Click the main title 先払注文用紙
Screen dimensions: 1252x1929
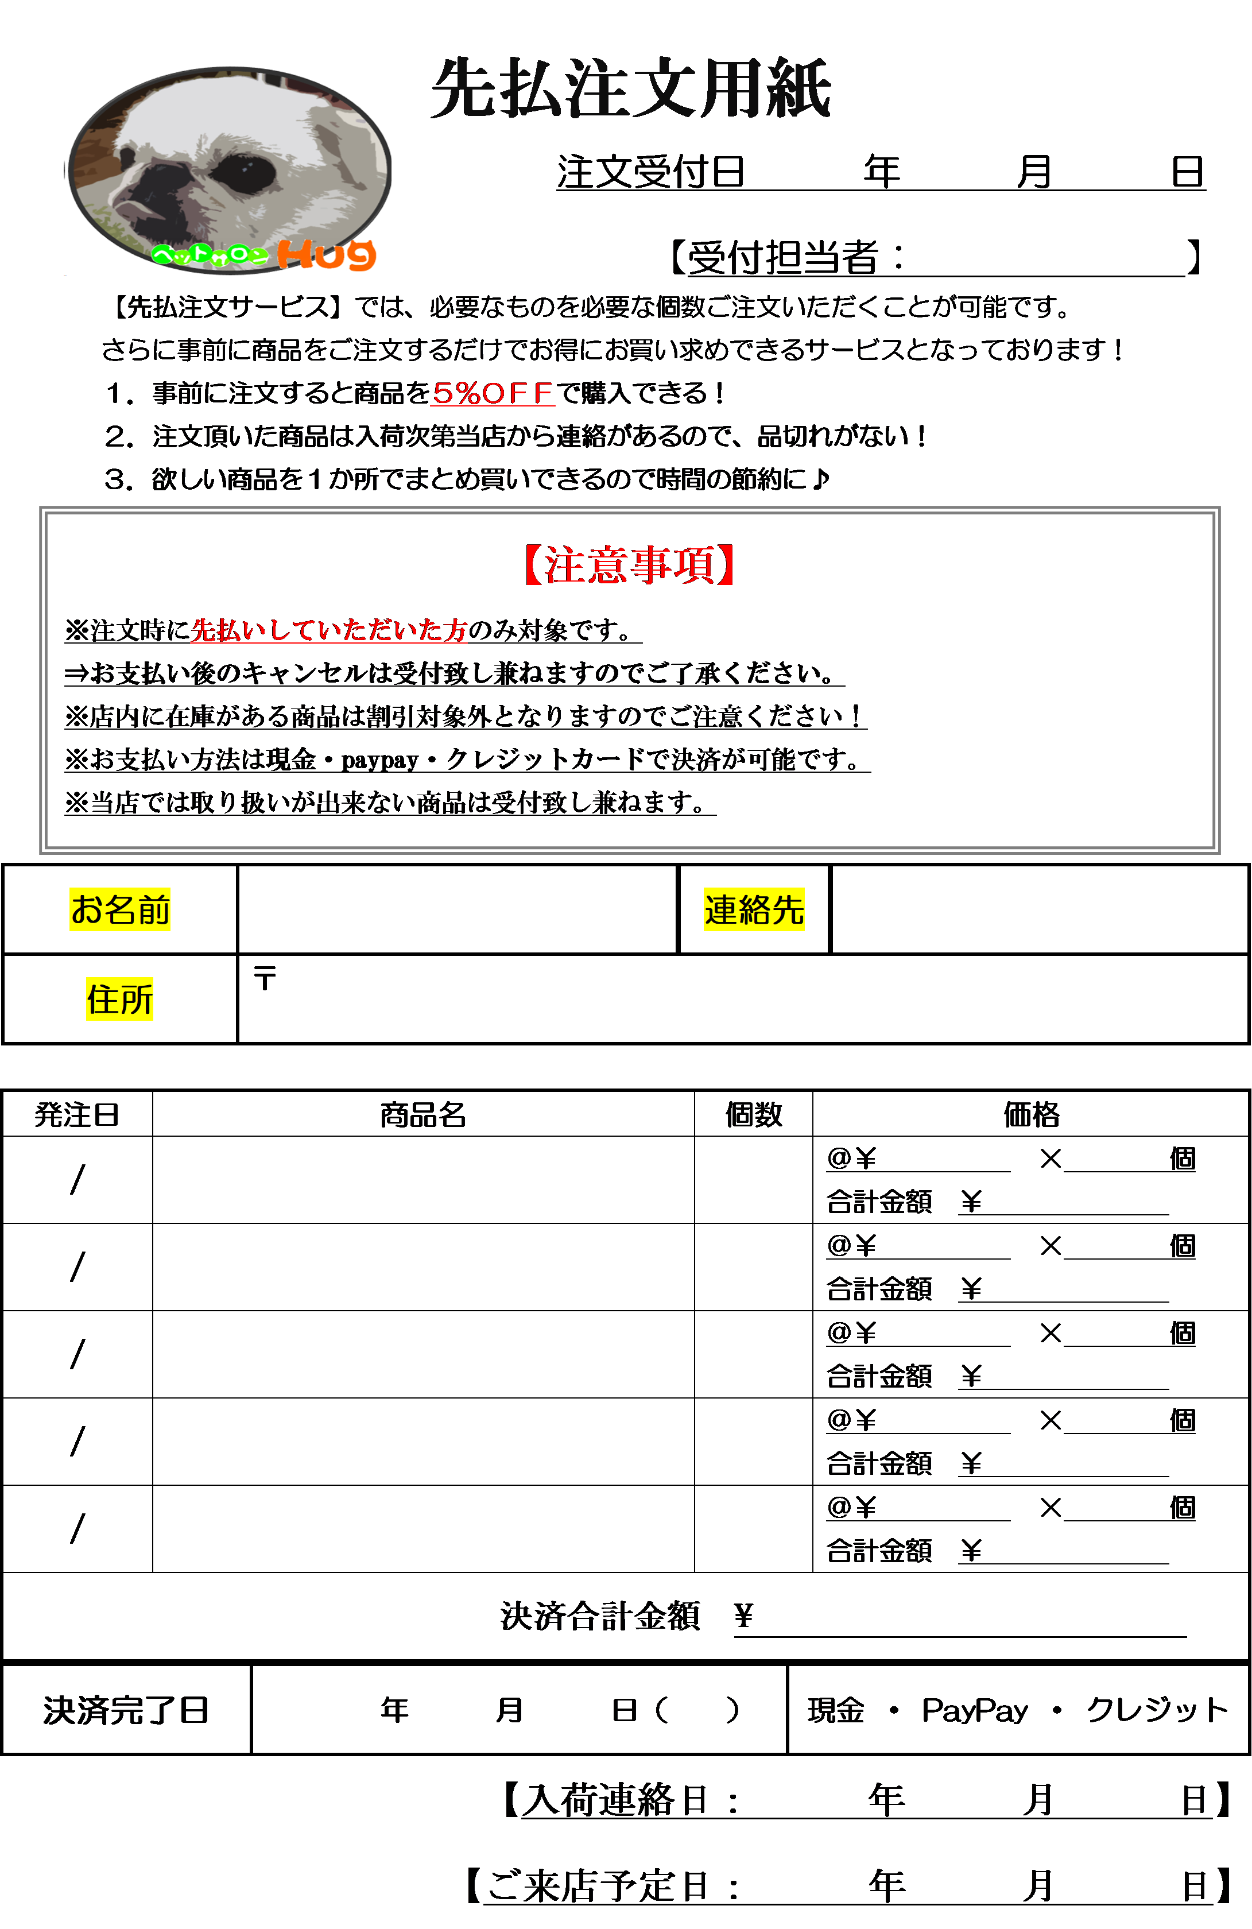[630, 88]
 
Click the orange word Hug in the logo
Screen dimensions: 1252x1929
[327, 254]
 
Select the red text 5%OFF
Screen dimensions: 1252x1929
[493, 393]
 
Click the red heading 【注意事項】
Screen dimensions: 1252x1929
[630, 564]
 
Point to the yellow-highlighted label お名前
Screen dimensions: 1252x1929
[120, 909]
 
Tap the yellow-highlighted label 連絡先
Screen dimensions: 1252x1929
[754, 909]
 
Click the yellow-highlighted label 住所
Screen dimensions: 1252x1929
[120, 998]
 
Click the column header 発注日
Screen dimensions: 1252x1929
[77, 1115]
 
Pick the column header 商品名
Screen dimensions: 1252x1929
[423, 1115]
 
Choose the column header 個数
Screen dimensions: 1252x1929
[754, 1115]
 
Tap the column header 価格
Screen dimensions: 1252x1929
[1032, 1115]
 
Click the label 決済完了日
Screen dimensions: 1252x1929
[126, 1710]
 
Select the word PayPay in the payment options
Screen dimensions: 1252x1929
[975, 1710]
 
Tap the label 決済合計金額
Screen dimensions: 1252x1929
[600, 1616]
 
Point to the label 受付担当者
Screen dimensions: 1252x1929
[784, 258]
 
